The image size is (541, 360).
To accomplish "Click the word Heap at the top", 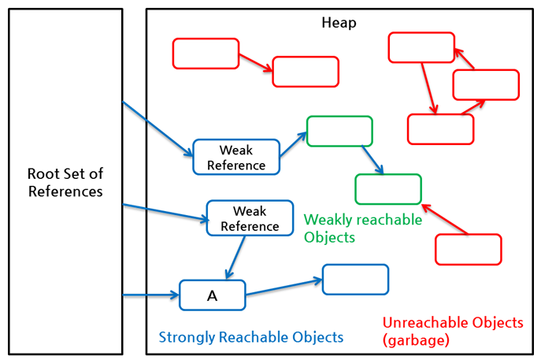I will coord(339,23).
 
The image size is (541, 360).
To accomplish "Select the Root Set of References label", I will coord(65,182).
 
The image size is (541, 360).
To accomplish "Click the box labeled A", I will coord(212,295).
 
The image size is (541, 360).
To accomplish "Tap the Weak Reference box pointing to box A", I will coord(243,218).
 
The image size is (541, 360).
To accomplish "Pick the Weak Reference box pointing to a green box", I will coord(236,157).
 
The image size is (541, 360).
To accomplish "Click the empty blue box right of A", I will coord(355,280).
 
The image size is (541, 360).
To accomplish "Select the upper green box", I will coord(339,131).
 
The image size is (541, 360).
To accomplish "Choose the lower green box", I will coord(388,189).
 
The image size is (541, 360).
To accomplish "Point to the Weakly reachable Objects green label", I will coord(362,228).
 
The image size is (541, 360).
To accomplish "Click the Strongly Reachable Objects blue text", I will coord(251,337).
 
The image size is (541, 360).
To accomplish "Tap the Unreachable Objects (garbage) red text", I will coord(452,330).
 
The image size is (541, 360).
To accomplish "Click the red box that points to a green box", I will coord(468,249).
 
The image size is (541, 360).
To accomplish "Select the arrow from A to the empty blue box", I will coord(283,287).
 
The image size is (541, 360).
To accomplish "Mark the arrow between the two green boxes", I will coord(371,160).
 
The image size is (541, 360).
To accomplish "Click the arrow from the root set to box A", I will coord(150,296).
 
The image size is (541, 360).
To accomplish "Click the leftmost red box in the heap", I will coord(205,54).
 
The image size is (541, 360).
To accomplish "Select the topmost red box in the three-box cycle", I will coord(421,47).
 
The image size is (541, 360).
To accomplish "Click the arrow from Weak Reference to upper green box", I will coord(293,146).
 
